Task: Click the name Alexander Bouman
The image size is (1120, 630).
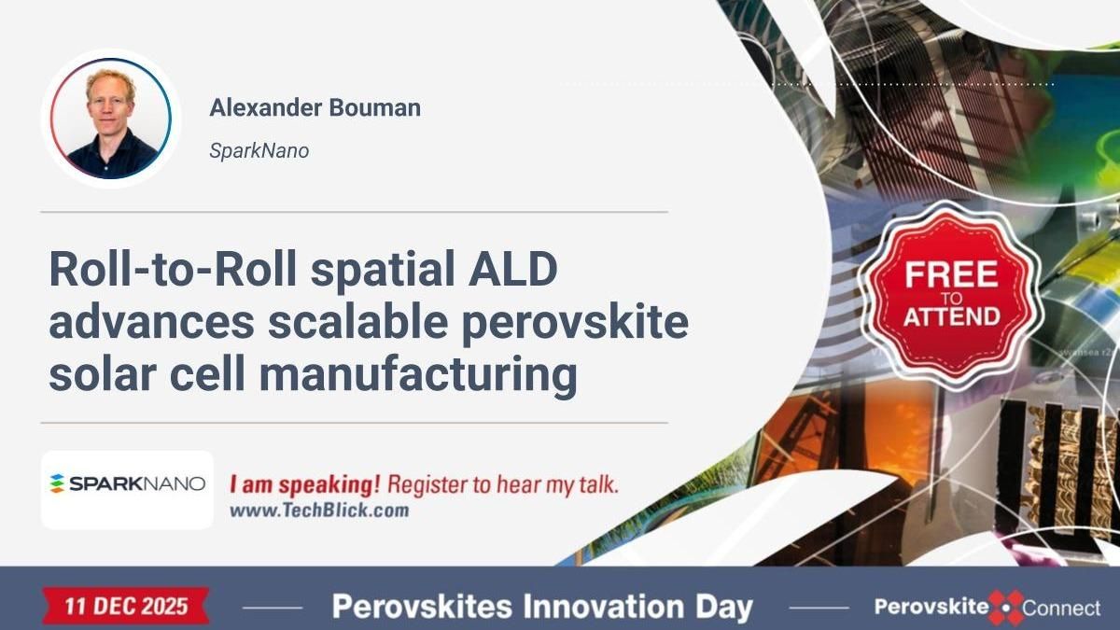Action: tap(315, 107)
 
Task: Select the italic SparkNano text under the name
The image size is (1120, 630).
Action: tap(259, 150)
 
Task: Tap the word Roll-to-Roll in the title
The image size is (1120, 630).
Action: tap(172, 271)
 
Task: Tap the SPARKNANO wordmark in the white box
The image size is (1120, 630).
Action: tap(137, 483)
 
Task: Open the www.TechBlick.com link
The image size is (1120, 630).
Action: tap(318, 511)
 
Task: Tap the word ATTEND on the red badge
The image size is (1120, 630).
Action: tap(950, 315)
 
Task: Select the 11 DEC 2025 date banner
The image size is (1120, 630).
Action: tap(126, 607)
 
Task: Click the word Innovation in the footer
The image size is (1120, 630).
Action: tap(603, 608)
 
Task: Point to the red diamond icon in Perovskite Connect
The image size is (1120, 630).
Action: tap(1006, 608)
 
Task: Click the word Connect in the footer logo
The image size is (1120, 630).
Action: tap(1061, 609)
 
